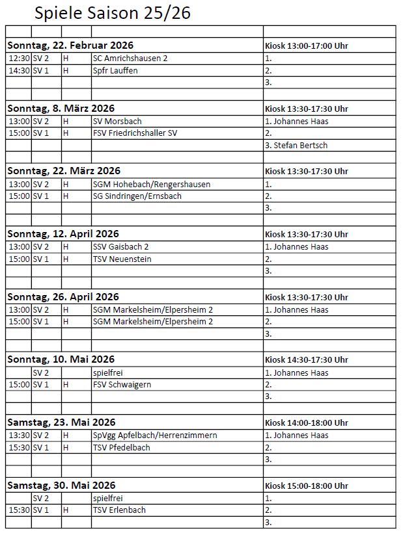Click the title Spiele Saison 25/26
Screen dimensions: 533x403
tap(113, 13)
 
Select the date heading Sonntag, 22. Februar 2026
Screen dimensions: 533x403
tap(70, 45)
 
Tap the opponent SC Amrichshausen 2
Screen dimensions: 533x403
tap(130, 58)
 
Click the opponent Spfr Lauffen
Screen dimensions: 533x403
tap(115, 70)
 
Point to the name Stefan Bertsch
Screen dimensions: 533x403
tap(296, 145)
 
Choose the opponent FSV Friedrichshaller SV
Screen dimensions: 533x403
tap(135, 133)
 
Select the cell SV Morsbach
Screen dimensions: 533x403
tap(117, 121)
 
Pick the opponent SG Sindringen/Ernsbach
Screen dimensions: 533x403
tap(137, 196)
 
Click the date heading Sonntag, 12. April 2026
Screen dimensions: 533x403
tap(63, 234)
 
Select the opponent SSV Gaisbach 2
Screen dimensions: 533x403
tap(121, 246)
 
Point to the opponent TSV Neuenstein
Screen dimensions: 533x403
tap(122, 259)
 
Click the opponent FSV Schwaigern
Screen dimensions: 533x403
tap(122, 384)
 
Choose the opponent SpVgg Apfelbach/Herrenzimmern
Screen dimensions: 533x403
tap(155, 435)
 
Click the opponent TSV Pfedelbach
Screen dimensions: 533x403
tap(122, 447)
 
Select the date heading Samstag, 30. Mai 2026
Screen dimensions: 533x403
tap(61, 486)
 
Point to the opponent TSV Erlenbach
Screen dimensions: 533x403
tap(119, 510)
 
